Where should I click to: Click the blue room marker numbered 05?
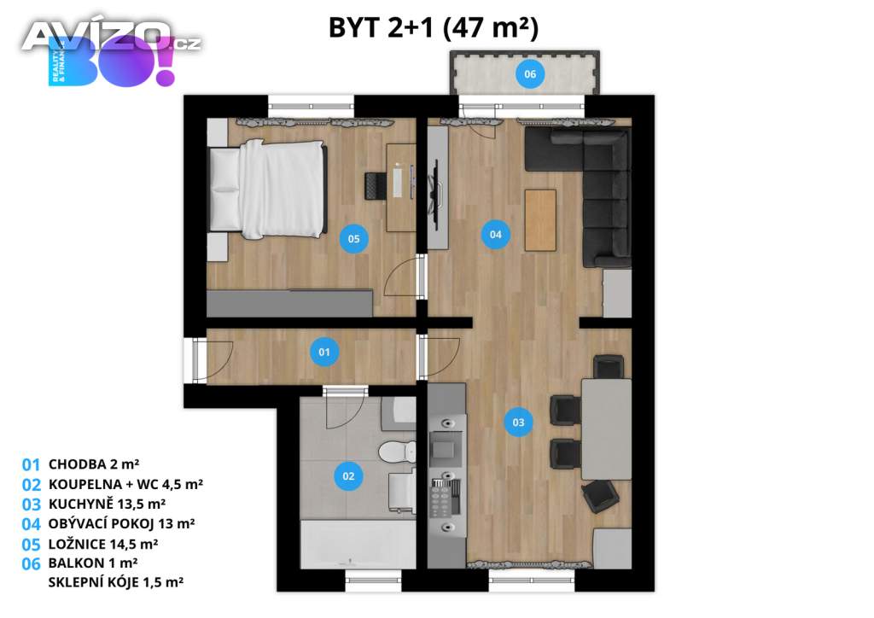tap(354, 239)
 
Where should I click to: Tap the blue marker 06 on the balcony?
tap(529, 74)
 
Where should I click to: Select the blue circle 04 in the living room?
tap(496, 235)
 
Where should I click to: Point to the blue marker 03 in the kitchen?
tap(518, 423)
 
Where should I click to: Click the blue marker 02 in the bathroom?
tap(348, 476)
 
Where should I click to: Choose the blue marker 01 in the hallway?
tap(324, 353)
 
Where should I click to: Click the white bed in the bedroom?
tap(266, 189)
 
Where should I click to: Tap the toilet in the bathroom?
tap(398, 452)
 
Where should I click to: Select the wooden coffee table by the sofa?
tap(540, 220)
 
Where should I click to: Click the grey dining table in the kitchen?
tap(607, 429)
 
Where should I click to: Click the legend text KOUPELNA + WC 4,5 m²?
tap(125, 484)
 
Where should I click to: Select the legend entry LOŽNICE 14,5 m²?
tap(103, 544)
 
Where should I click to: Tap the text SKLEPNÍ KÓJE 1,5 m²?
tap(116, 582)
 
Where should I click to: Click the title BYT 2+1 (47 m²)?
tap(434, 28)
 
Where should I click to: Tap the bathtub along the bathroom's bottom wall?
tap(358, 545)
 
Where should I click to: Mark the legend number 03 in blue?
tap(32, 504)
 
